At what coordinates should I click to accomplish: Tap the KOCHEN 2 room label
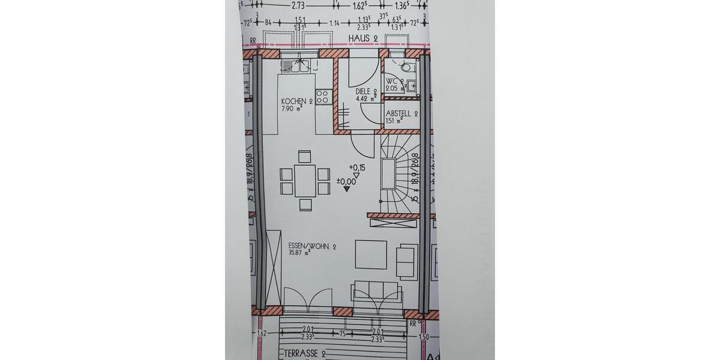(297, 101)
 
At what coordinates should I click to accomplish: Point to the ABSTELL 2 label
(401, 113)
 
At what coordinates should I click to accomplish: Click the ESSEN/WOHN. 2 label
(313, 247)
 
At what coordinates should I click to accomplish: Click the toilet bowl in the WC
(407, 67)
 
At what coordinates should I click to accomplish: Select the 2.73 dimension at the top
(298, 5)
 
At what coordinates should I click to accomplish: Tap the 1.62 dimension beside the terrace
(262, 334)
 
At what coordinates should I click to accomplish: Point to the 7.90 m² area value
(291, 109)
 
